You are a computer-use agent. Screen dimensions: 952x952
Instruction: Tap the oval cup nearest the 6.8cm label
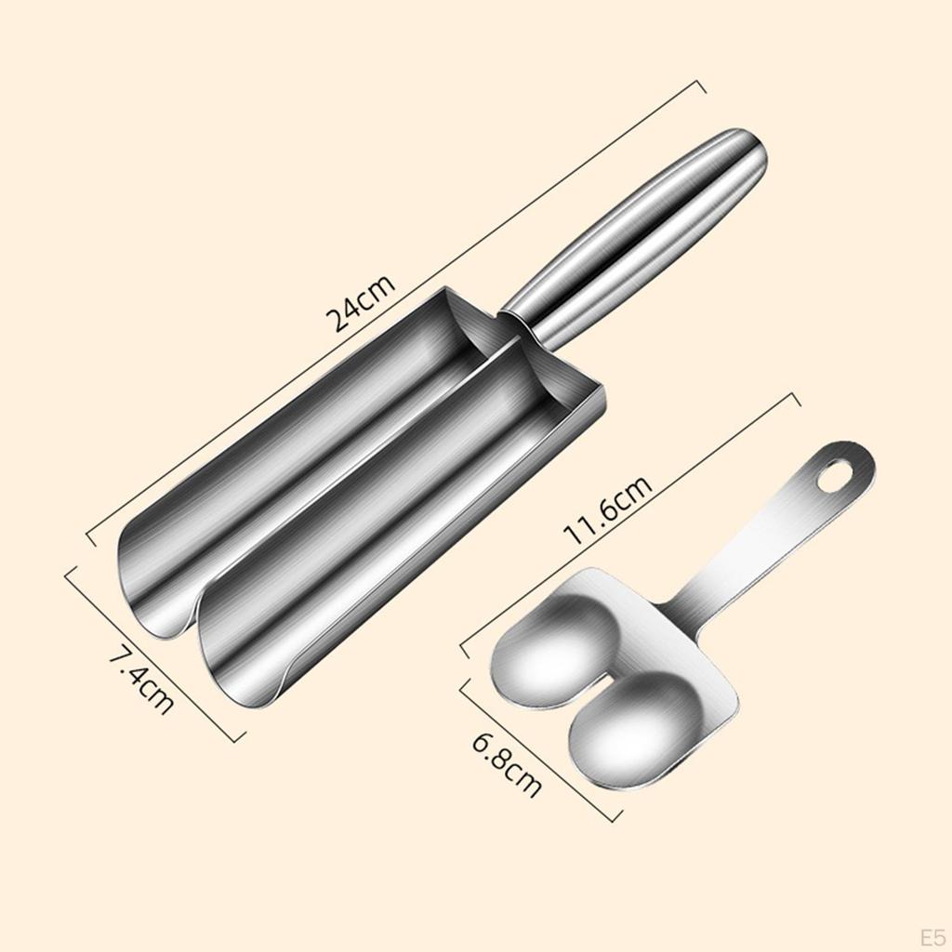(x=637, y=725)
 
